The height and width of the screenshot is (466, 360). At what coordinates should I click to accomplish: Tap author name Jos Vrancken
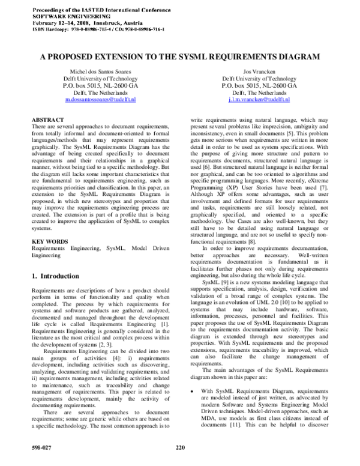[x=258, y=72]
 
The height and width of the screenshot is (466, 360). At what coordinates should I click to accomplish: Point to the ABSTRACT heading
[x=47, y=121]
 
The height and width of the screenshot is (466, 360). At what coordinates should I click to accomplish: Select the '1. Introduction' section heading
[x=55, y=276]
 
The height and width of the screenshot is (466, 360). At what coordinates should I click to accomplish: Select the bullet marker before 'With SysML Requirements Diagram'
[x=191, y=391]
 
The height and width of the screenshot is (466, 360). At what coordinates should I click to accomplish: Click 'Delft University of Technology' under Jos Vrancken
[x=258, y=79]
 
